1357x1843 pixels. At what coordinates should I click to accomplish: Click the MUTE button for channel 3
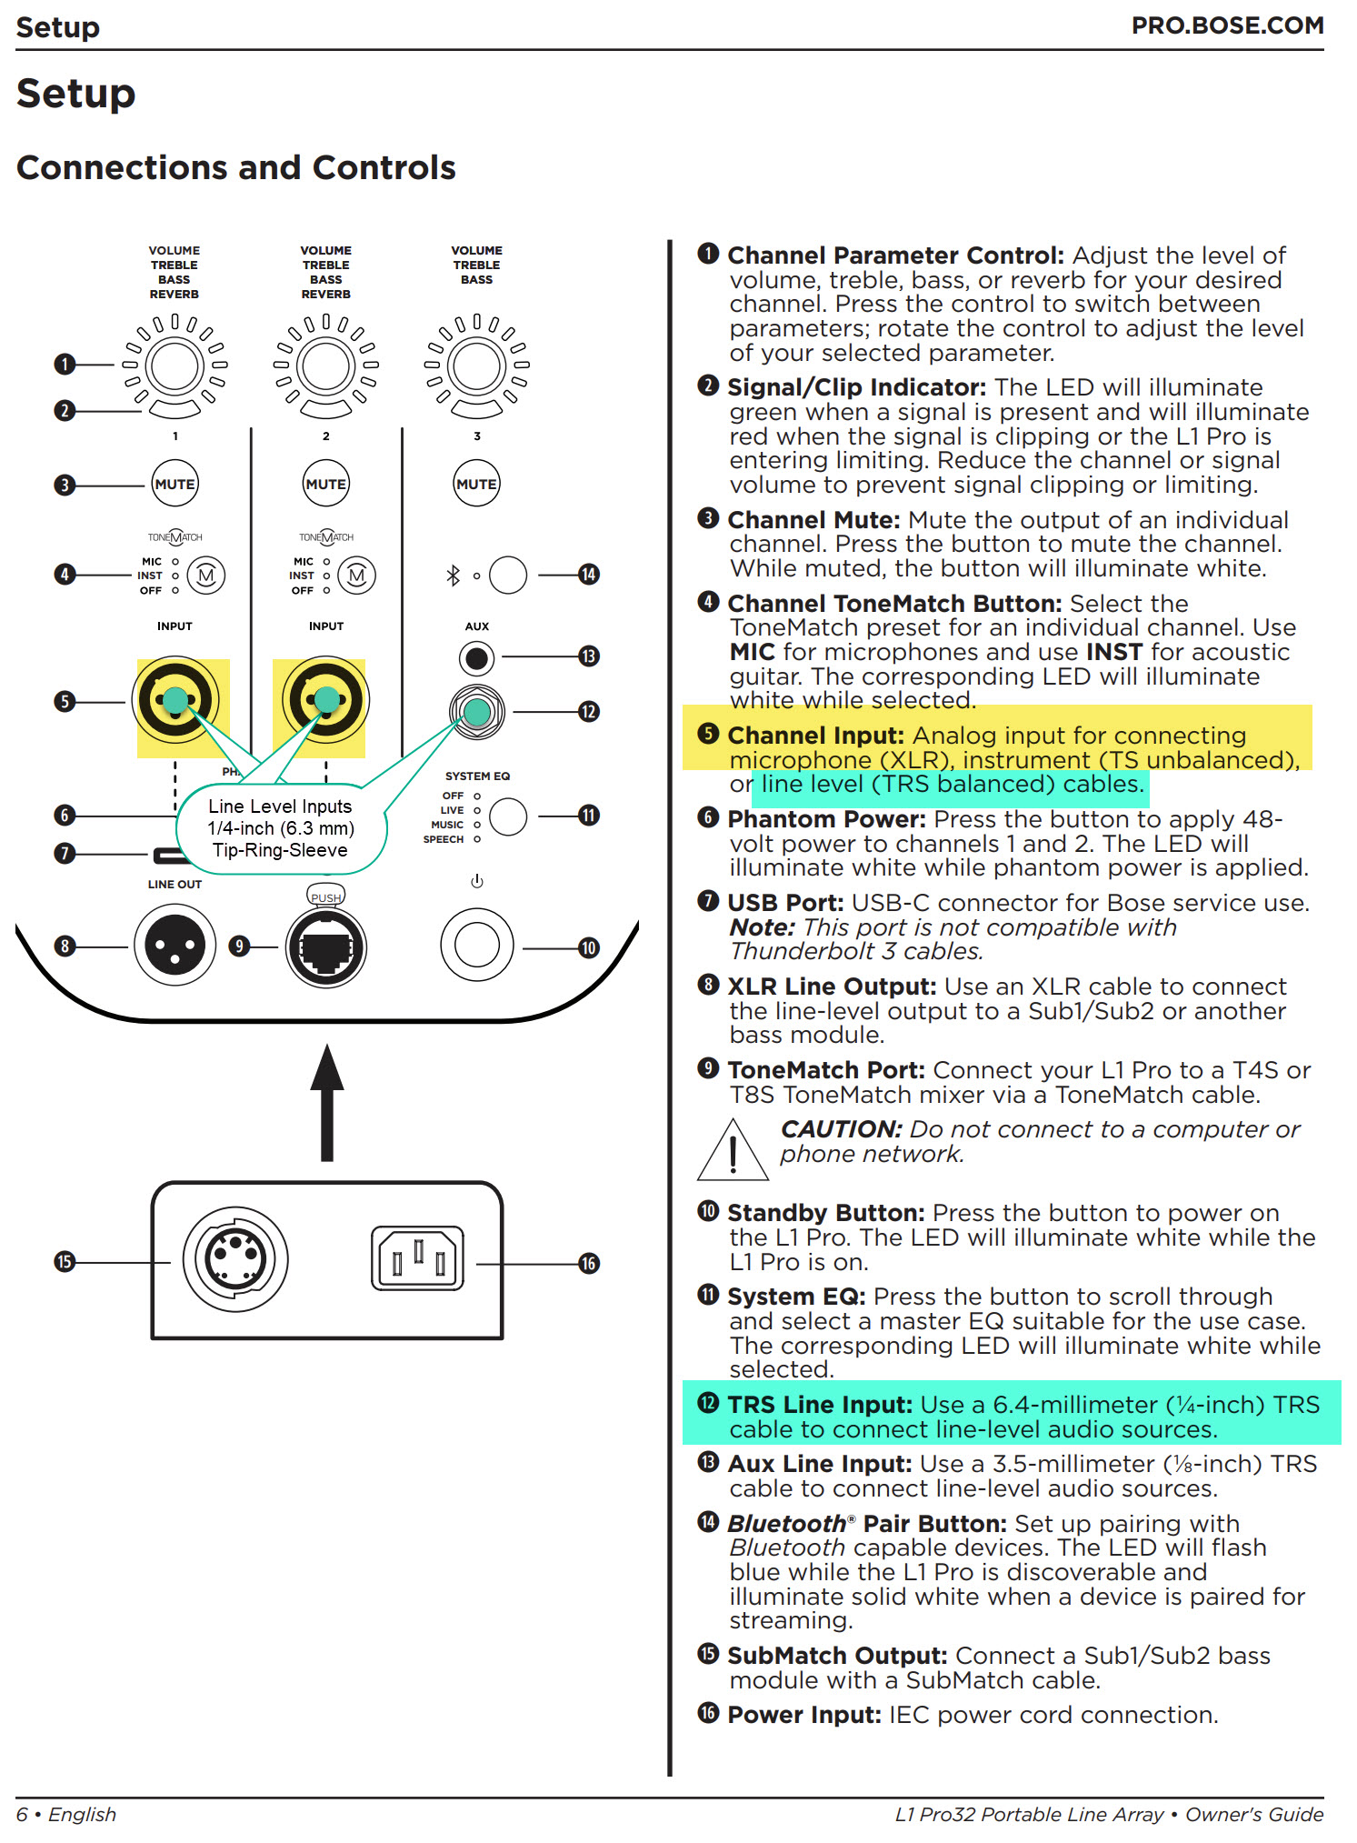point(476,484)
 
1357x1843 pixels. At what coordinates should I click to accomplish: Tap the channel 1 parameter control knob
point(175,366)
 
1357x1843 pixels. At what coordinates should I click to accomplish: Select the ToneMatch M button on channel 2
point(356,575)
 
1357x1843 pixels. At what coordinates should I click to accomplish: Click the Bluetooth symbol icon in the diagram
point(453,575)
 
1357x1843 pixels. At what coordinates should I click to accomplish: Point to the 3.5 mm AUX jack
point(476,656)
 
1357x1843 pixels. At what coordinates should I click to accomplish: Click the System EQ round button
point(507,816)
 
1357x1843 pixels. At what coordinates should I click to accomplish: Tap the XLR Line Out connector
point(175,946)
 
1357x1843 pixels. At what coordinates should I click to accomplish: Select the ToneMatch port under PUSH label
point(325,947)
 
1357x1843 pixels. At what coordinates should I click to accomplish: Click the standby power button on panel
point(476,946)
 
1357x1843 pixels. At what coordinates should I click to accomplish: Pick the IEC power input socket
point(417,1258)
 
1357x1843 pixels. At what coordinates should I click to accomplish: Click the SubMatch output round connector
point(235,1258)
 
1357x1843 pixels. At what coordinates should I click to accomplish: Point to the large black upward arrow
point(326,1102)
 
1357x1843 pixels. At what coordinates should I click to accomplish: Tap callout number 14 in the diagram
point(589,575)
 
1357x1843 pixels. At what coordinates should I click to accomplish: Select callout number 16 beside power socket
point(589,1263)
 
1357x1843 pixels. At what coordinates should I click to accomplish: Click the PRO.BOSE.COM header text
point(1226,25)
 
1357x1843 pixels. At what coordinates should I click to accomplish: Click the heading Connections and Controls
point(236,168)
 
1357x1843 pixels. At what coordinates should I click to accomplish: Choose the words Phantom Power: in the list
point(826,819)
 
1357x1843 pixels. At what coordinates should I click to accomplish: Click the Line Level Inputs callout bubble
point(280,828)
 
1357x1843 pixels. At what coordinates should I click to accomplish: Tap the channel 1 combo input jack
point(175,700)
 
